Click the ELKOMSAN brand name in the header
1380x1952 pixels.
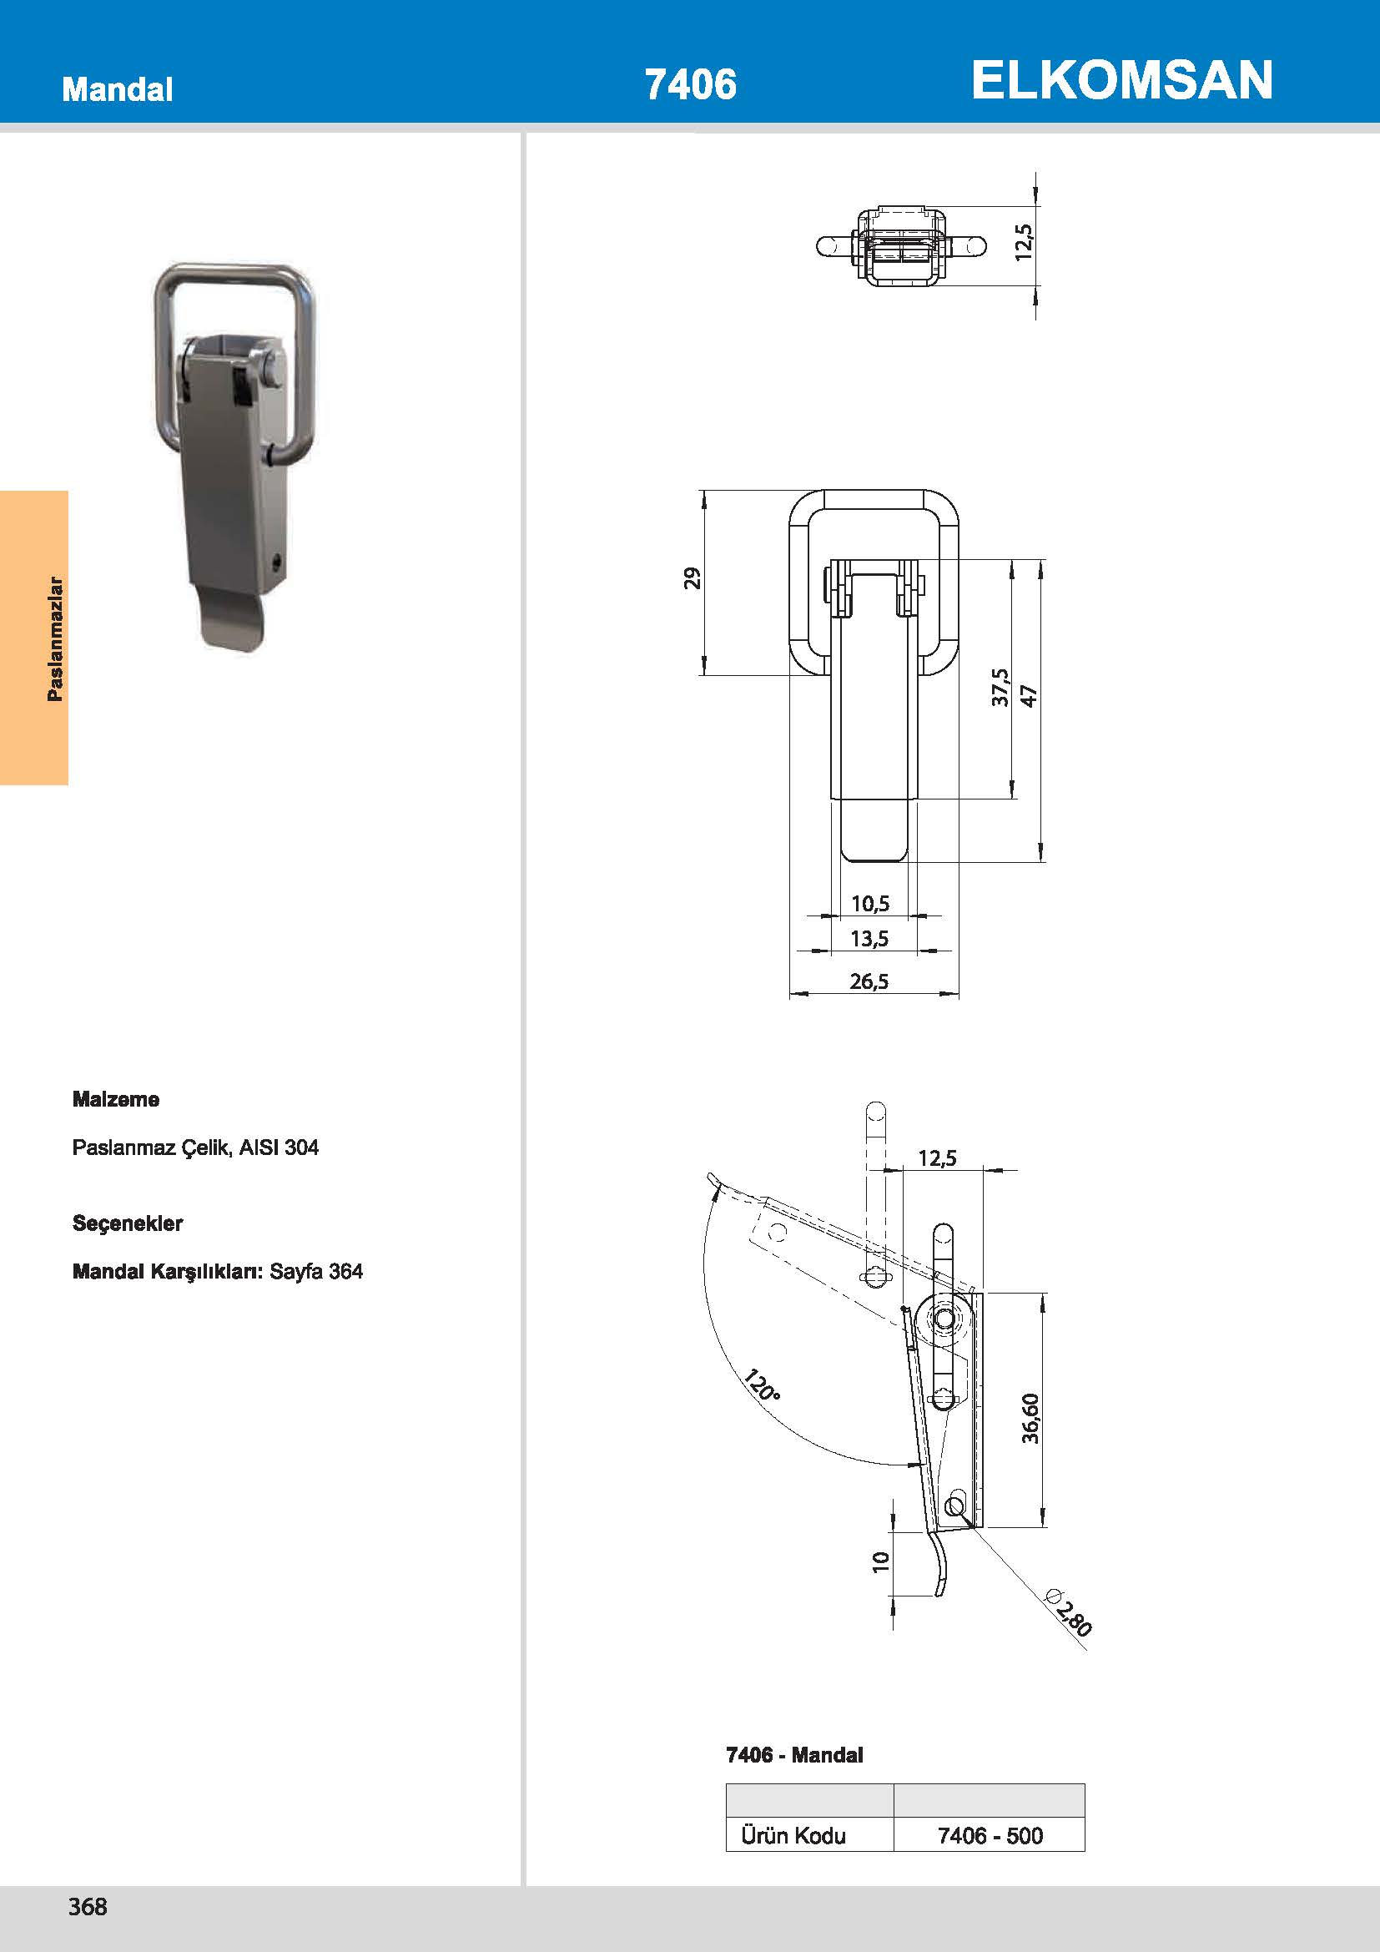click(x=1121, y=81)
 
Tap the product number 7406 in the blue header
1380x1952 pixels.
click(x=690, y=85)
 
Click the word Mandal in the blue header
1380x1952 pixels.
click(x=118, y=89)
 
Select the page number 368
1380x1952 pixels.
click(x=88, y=1906)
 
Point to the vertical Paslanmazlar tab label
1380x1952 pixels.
click(x=55, y=638)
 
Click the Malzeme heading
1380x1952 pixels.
click(x=116, y=1099)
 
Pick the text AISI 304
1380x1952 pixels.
click(x=279, y=1147)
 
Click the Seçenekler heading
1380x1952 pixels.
click(x=128, y=1223)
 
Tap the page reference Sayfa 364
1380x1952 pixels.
click(x=316, y=1271)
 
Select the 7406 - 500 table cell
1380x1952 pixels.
click(x=990, y=1835)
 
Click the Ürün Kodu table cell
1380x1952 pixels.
click(x=793, y=1835)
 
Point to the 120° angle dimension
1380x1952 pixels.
click(x=762, y=1386)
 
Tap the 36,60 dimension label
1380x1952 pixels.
click(x=1030, y=1418)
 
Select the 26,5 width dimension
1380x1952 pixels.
click(x=869, y=981)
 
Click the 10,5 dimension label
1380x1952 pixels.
click(x=870, y=903)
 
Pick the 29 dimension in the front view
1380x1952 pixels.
click(x=693, y=578)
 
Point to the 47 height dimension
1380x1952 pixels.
click(x=1029, y=695)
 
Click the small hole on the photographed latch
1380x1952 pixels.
click(x=276, y=562)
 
